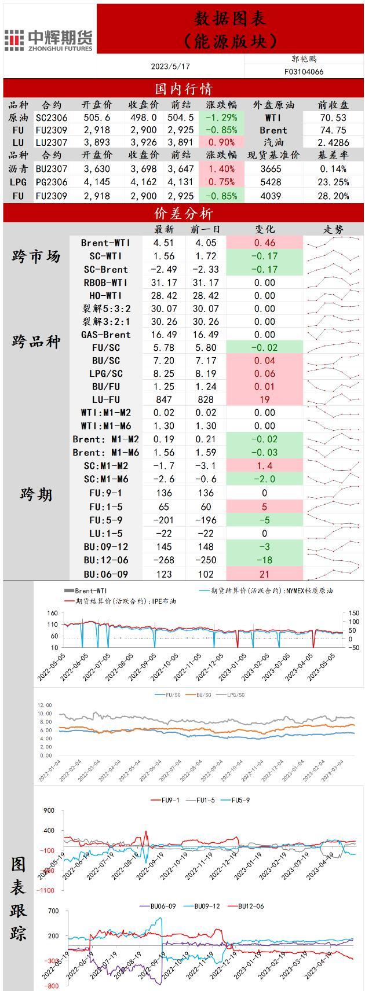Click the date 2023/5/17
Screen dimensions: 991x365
click(x=170, y=67)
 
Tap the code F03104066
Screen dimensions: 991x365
click(x=304, y=72)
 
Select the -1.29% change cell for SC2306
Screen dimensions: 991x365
click(x=221, y=118)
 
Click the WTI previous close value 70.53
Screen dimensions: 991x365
click(x=333, y=118)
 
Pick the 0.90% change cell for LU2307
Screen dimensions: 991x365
click(x=221, y=142)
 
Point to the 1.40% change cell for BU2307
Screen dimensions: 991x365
click(x=221, y=169)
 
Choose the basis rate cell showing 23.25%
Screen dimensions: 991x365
click(x=334, y=182)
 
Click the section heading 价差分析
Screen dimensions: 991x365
click(x=183, y=213)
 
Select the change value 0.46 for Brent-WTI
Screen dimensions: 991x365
click(x=264, y=243)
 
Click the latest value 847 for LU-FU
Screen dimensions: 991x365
click(x=164, y=399)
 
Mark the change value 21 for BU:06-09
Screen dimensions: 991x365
click(x=264, y=574)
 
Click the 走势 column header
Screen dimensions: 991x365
click(x=333, y=230)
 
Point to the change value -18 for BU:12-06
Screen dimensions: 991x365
click(x=264, y=560)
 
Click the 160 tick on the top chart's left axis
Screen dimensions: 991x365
click(x=53, y=614)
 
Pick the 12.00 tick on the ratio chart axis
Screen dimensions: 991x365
click(x=45, y=705)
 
